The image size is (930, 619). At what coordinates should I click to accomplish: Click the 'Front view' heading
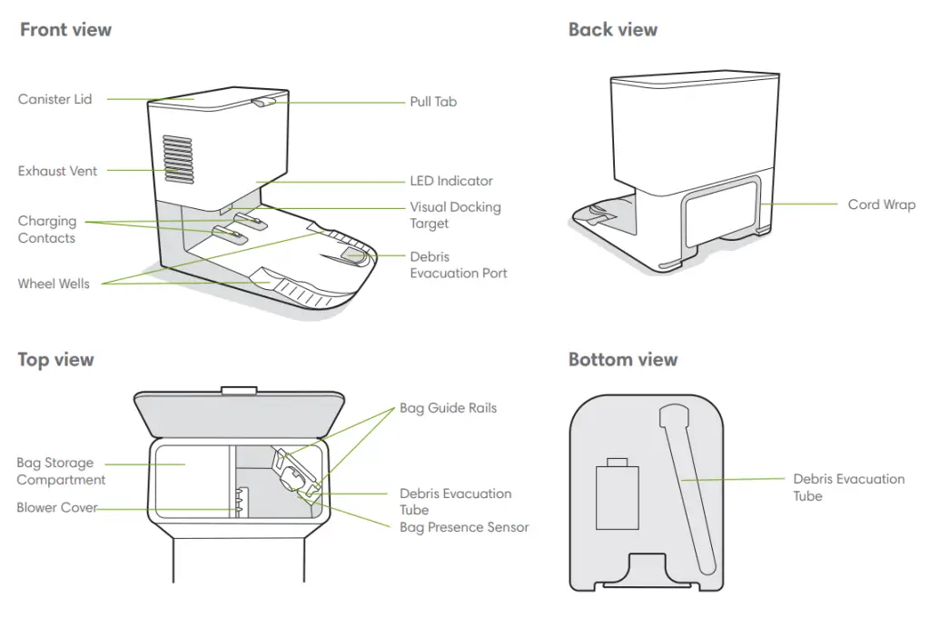tap(65, 30)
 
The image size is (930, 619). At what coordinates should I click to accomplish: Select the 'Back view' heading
tap(613, 30)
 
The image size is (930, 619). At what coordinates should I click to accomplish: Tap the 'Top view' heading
tap(55, 360)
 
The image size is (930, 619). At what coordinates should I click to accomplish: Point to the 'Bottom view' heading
tap(623, 360)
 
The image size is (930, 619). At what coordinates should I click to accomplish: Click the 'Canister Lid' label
tap(54, 99)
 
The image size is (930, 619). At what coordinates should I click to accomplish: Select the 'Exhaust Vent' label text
tap(57, 170)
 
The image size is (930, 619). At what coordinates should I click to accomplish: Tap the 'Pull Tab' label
tap(433, 102)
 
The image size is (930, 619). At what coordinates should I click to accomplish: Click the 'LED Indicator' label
tap(451, 181)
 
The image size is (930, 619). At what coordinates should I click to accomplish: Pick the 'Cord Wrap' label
tap(882, 205)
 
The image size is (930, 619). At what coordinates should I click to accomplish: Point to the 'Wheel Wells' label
tap(54, 284)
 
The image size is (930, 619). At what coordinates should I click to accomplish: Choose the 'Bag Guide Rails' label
tap(449, 408)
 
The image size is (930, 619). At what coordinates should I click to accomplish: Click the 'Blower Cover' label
tap(56, 508)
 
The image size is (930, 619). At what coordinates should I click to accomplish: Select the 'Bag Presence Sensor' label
tap(464, 527)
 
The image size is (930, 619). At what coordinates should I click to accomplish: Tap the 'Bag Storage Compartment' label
tap(61, 471)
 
